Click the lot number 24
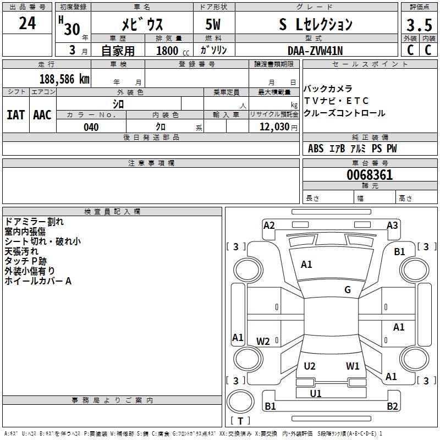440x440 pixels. [27, 24]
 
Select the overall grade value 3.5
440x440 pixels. [419, 25]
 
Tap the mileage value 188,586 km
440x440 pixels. [64, 79]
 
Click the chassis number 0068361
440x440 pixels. [370, 175]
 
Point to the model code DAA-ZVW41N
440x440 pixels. [316, 50]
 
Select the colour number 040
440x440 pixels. [91, 127]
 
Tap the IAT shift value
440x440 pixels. [15, 114]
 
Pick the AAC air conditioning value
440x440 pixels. [42, 114]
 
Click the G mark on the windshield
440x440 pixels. [348, 290]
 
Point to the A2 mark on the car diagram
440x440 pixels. [269, 225]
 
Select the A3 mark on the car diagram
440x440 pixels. [392, 225]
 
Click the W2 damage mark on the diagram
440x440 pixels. [263, 342]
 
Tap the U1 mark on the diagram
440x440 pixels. [316, 393]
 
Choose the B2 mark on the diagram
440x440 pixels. [392, 406]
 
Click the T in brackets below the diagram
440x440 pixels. [240, 421]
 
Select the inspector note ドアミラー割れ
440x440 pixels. [34, 222]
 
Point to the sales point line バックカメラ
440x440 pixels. [328, 89]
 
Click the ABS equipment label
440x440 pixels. [316, 148]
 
